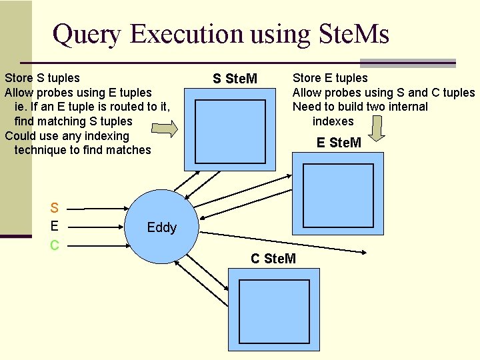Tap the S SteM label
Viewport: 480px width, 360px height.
235,79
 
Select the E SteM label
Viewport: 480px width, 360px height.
339,142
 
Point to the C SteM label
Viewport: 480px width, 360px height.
273,258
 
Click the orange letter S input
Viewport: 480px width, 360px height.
55,208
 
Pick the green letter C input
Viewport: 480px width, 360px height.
55,245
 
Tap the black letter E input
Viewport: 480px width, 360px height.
55,225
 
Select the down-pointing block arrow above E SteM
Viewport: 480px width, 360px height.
377,129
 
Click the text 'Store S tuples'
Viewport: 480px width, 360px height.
42,78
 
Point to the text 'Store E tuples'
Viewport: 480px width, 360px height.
330,78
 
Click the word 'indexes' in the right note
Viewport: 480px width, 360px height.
333,121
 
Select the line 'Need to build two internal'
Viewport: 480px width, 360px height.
360,107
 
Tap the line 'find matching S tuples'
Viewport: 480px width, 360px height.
73,121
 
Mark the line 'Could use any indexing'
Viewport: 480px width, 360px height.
67,136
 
